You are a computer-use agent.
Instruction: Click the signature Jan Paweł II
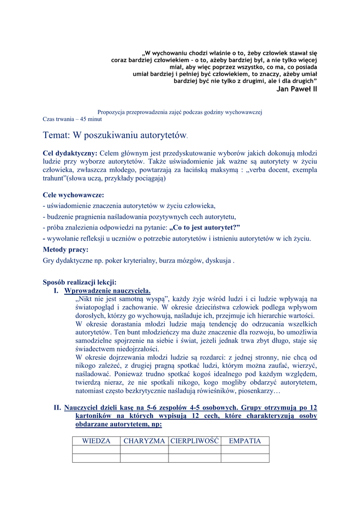(296, 89)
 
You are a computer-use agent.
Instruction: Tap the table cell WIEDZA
(96, 441)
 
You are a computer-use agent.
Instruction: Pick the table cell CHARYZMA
(144, 441)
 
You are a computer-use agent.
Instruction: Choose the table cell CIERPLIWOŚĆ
(194, 441)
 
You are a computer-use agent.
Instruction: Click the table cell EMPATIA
(245, 441)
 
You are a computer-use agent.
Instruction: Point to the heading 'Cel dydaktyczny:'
(70, 153)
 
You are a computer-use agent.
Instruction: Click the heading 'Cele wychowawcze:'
(74, 195)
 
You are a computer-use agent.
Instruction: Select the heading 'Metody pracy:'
(66, 250)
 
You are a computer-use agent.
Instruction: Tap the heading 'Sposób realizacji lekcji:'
(80, 282)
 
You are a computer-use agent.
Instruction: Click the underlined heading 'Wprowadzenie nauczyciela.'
(107, 290)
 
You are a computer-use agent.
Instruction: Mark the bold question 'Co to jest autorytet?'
(205, 228)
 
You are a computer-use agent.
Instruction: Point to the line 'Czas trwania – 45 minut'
(72, 119)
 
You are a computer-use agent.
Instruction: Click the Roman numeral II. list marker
(57, 408)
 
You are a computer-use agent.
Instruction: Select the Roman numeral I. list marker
(56, 290)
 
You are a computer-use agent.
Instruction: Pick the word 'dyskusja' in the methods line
(219, 260)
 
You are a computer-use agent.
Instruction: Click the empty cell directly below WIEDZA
(96, 450)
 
